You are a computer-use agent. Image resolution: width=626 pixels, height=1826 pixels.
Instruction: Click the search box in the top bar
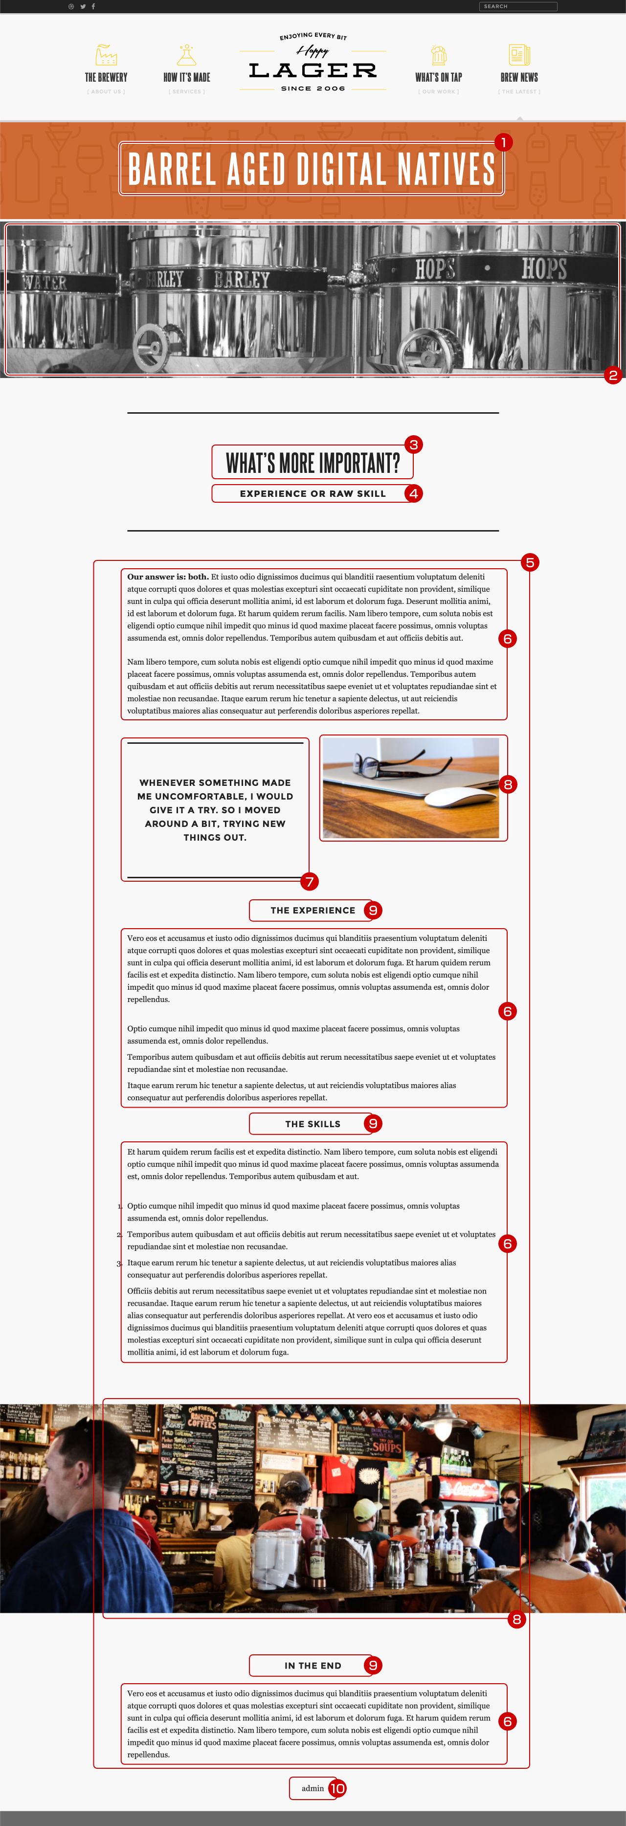pyautogui.click(x=517, y=6)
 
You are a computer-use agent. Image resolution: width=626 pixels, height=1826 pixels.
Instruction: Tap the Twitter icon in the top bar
pyautogui.click(x=83, y=6)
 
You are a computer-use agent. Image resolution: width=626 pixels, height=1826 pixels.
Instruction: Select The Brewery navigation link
pyautogui.click(x=106, y=77)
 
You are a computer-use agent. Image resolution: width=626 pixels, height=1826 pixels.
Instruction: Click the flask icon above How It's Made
pyautogui.click(x=186, y=55)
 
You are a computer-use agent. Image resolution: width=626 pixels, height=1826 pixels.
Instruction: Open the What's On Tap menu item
pyautogui.click(x=438, y=77)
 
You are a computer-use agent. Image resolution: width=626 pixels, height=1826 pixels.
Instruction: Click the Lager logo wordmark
pyautogui.click(x=313, y=70)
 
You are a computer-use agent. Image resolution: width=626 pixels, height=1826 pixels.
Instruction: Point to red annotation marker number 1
pyautogui.click(x=503, y=142)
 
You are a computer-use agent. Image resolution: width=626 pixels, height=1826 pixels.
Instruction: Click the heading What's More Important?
pyautogui.click(x=313, y=463)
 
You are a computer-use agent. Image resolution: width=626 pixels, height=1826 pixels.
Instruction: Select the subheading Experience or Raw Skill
pyautogui.click(x=313, y=493)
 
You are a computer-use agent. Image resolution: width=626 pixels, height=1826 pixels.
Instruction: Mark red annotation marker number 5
pyautogui.click(x=530, y=562)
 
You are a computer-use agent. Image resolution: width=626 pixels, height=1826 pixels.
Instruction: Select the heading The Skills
pyautogui.click(x=313, y=1124)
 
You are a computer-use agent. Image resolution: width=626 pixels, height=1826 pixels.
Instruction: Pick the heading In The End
pyautogui.click(x=313, y=1665)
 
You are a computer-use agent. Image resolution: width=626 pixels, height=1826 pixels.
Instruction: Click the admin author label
pyautogui.click(x=312, y=1788)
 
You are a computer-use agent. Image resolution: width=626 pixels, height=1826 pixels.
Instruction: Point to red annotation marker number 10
pyautogui.click(x=337, y=1788)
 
